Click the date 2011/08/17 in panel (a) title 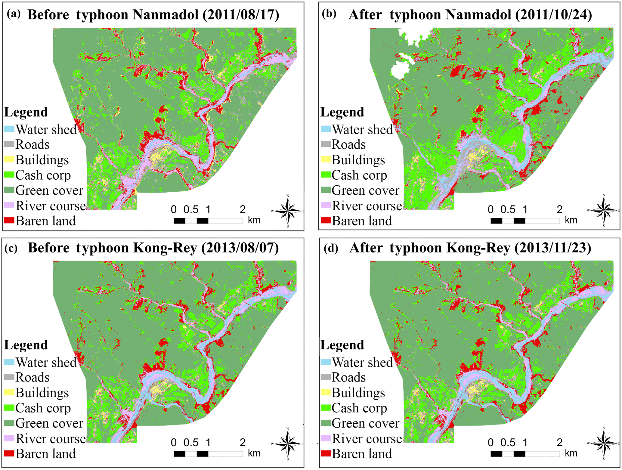click(x=241, y=15)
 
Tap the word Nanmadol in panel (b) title click(x=478, y=15)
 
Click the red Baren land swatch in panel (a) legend click(x=9, y=221)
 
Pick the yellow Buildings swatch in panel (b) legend click(x=326, y=159)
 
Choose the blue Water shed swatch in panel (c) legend click(x=9, y=362)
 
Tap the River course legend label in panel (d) click(x=367, y=439)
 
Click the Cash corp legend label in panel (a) click(x=43, y=175)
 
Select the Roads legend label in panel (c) click(x=32, y=377)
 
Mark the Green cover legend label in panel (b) click(x=365, y=190)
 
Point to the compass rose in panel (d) click(x=603, y=444)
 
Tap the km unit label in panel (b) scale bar click(x=571, y=220)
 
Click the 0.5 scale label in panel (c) click(x=191, y=443)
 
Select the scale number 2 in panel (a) click(x=243, y=209)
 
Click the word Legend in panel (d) click(x=342, y=345)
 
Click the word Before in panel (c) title click(x=48, y=248)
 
